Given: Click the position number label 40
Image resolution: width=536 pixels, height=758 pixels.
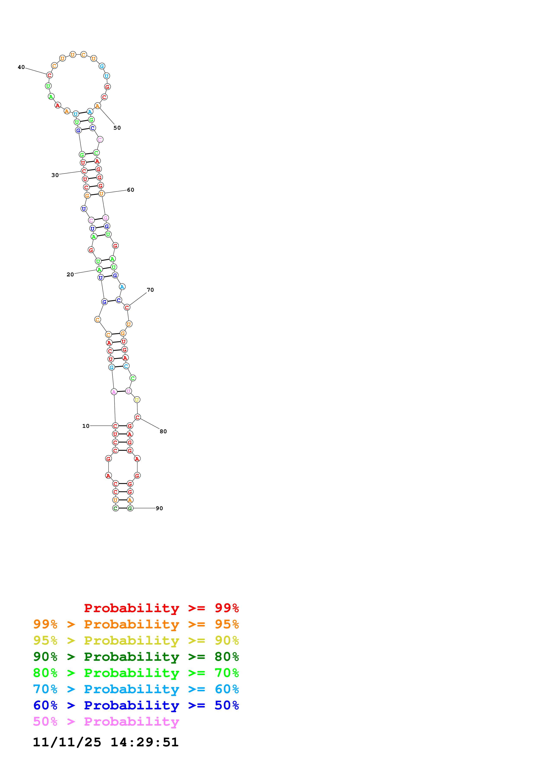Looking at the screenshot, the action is tap(21, 67).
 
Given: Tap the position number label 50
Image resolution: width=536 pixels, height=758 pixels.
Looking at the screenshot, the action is tap(117, 128).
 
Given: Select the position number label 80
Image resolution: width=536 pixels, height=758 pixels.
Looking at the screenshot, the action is tap(163, 432).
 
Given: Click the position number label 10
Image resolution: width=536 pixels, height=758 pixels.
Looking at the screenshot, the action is tap(86, 426).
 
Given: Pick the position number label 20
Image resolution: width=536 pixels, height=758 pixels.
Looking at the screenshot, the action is tap(70, 275).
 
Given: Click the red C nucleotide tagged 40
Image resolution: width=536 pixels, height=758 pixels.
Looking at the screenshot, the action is tap(50, 75).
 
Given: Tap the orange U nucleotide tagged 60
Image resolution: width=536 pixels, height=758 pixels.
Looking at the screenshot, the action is tap(101, 194).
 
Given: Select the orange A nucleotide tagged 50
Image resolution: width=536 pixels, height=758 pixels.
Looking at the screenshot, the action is tap(98, 106).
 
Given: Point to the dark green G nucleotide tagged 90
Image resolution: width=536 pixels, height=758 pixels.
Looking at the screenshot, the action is tap(130, 508).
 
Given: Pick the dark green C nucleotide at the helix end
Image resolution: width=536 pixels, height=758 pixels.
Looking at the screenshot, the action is tap(115, 508).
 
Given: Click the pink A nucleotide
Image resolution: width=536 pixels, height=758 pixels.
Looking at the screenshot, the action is tap(114, 392).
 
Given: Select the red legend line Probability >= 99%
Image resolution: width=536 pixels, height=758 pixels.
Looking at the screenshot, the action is tap(161, 608).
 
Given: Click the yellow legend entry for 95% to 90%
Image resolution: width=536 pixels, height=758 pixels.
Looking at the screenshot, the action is tap(136, 641).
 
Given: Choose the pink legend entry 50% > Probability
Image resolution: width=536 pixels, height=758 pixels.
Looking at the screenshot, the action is tap(106, 722).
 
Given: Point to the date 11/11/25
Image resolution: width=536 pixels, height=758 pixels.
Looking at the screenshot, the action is tap(67, 742).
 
